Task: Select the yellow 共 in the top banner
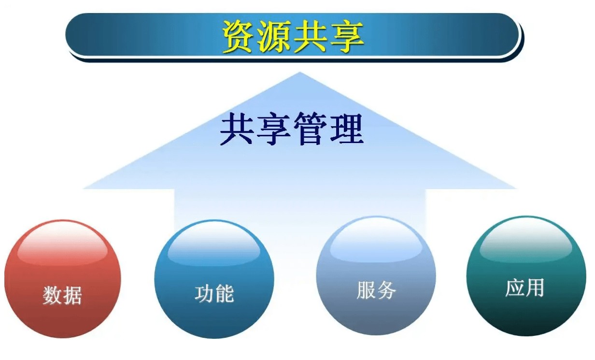coord(310,37)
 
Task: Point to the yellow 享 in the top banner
coord(346,37)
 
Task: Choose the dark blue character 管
coord(310,129)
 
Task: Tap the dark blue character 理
coord(346,129)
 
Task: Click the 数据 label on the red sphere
coord(62,295)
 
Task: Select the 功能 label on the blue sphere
coord(214,294)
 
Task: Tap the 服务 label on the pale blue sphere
coord(376,290)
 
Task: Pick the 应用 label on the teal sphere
coord(524,288)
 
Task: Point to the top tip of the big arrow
coord(299,72)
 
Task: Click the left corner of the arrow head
coord(84,188)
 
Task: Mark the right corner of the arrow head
coord(516,188)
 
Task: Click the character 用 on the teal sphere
coord(535,288)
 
